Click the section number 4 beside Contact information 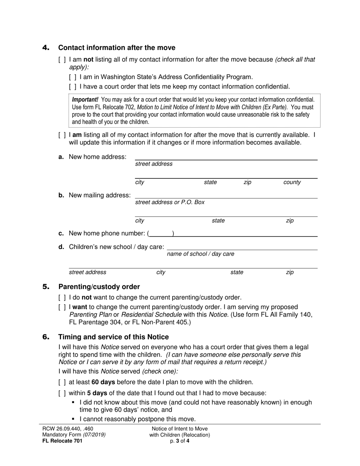[x=46, y=48]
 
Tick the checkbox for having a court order [x=73, y=87]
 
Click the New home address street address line [x=226, y=157]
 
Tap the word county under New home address [x=292, y=182]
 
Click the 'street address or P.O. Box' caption [x=170, y=202]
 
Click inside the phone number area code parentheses [x=161, y=233]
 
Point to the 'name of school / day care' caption [x=200, y=254]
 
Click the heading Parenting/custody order [x=99, y=287]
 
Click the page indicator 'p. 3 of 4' [x=180, y=441]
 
